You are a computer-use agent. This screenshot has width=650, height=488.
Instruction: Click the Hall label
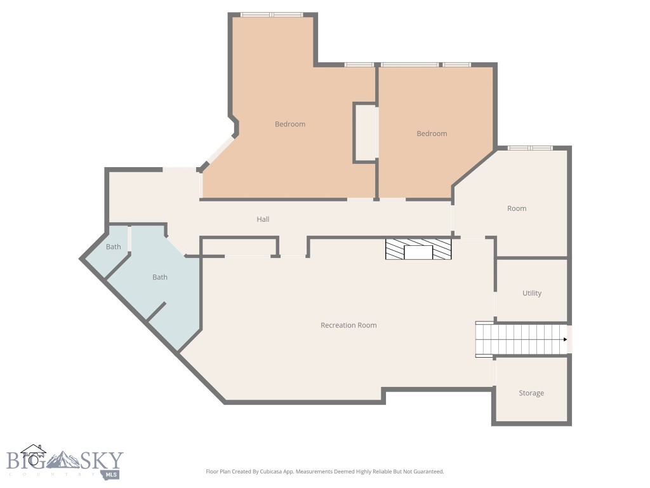263,219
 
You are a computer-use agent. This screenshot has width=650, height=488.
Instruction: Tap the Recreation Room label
348,325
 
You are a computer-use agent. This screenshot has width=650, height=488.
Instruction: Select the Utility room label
532,294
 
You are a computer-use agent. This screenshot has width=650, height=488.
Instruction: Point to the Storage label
531,393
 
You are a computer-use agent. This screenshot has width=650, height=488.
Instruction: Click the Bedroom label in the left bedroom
290,125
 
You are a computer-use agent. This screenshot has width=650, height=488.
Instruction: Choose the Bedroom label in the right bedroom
432,134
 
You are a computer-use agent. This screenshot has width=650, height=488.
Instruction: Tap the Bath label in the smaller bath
114,247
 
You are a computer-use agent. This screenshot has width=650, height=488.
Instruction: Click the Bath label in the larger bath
160,277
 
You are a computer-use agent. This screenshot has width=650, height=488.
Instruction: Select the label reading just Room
517,208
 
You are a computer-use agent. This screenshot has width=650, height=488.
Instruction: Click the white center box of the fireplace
418,252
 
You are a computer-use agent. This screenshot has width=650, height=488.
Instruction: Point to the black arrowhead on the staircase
564,339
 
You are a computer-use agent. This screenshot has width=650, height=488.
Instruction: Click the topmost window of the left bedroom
272,15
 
